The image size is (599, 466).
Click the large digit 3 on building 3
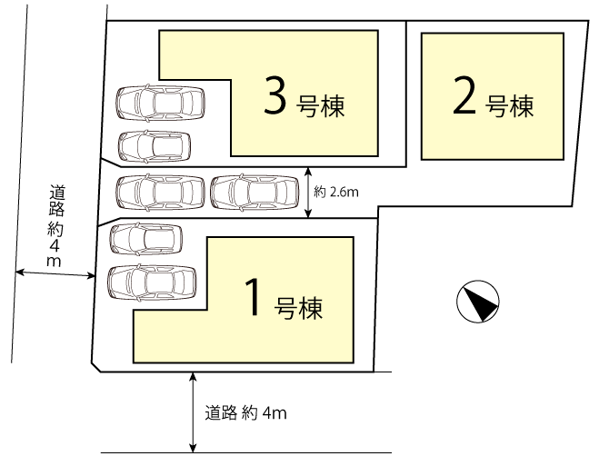point(275,95)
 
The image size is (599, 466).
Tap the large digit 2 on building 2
point(464,95)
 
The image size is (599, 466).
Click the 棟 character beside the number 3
point(333,105)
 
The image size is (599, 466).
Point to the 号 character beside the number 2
point(497,105)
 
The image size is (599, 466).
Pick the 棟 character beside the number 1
point(311,308)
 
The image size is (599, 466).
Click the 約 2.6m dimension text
point(336,192)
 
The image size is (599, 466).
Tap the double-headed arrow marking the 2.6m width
point(309,193)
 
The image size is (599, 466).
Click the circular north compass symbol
point(478,301)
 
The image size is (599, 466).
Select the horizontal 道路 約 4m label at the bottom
point(245,413)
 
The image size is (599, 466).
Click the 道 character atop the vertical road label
point(57,193)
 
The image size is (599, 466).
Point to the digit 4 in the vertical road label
point(55,246)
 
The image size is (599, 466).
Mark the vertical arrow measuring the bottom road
point(194,412)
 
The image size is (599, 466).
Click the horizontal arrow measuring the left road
point(55,273)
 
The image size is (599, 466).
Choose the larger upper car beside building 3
point(161,103)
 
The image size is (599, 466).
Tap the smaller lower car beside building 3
point(155,146)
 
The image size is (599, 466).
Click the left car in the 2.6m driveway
point(161,192)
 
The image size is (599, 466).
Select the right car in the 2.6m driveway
point(255,192)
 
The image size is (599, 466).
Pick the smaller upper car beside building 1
point(146,239)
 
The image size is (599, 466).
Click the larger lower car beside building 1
point(152,283)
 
